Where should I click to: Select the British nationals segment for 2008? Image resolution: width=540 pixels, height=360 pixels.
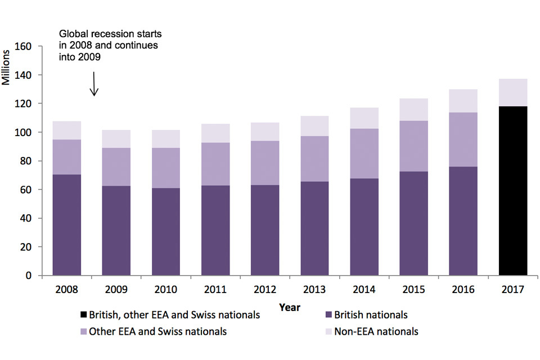[x=66, y=225]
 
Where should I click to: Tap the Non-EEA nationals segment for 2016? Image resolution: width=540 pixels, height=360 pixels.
[x=463, y=101]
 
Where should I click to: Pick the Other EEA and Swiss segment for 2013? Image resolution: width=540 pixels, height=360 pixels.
[x=315, y=159]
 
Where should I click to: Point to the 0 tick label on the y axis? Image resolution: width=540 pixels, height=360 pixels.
[x=37, y=276]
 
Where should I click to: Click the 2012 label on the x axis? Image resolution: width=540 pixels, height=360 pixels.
[x=265, y=290]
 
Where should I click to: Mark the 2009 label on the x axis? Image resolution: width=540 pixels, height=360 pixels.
[x=116, y=290]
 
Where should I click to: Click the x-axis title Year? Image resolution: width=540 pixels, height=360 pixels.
[x=289, y=308]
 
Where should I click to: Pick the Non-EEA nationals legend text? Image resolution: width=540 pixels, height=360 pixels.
[x=376, y=331]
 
